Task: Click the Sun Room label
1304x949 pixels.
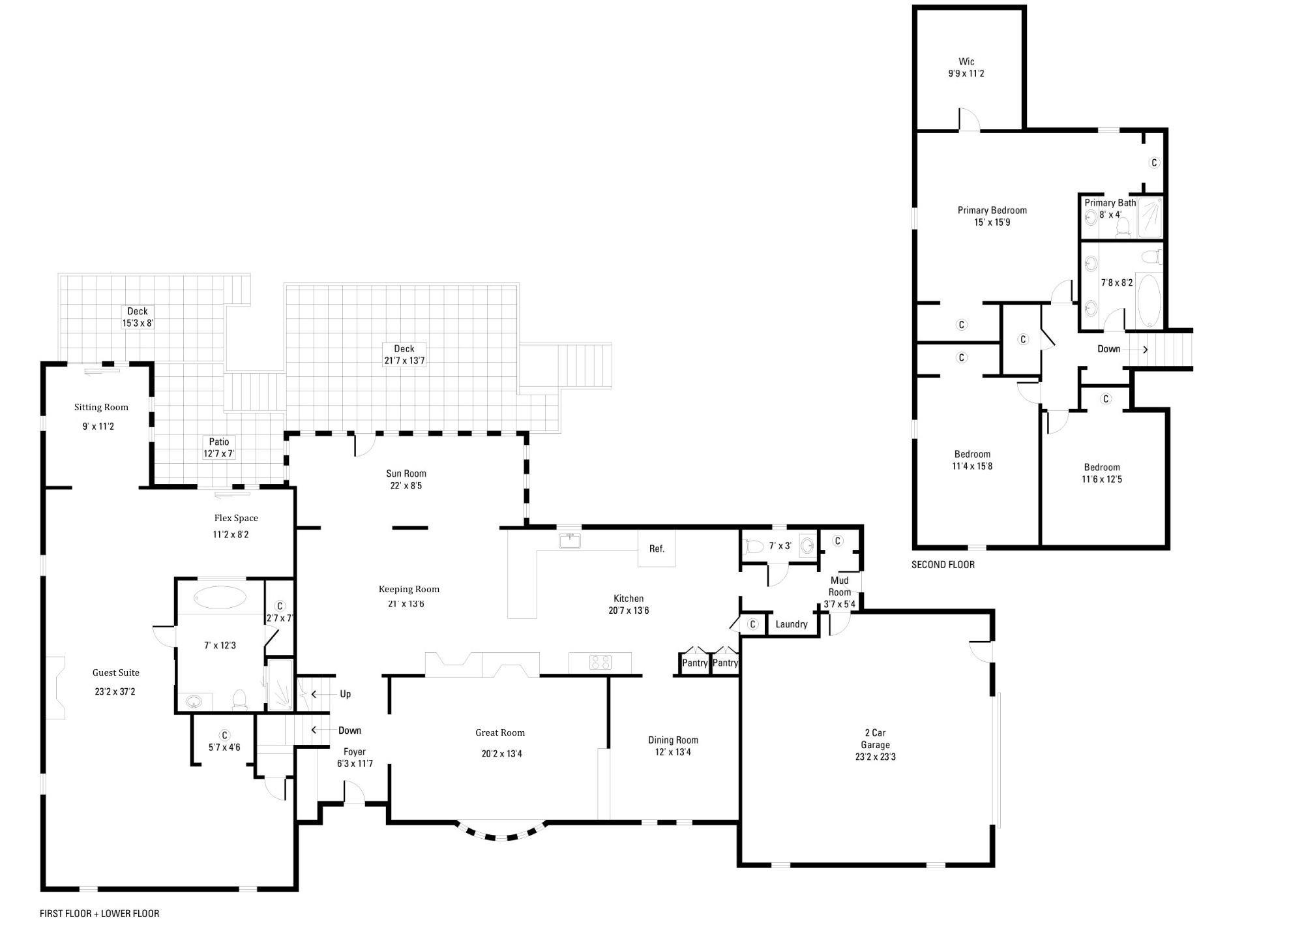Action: click(x=406, y=474)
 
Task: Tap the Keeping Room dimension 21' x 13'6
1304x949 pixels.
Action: click(x=406, y=603)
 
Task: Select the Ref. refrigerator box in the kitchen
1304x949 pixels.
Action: click(x=657, y=549)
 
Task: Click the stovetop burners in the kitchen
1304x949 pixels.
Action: click(x=600, y=663)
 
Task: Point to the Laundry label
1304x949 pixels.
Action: click(x=792, y=624)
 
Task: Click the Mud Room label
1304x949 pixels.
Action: click(x=839, y=586)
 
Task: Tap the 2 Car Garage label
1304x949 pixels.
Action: click(x=875, y=738)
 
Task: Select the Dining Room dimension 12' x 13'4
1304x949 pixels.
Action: click(x=673, y=752)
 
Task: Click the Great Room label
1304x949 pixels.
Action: click(x=500, y=732)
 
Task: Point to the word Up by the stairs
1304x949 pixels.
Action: click(x=346, y=694)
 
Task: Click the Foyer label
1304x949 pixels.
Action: click(x=355, y=751)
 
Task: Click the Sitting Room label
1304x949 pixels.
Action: click(x=101, y=407)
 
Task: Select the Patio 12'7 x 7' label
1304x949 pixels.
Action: click(x=219, y=447)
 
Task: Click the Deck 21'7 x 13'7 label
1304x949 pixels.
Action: click(x=404, y=354)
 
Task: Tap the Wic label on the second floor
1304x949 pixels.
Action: click(x=966, y=61)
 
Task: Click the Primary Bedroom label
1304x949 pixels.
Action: click(x=992, y=210)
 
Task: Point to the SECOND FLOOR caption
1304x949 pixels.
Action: click(x=943, y=564)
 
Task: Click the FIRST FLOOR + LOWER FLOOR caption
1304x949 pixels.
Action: click(x=99, y=913)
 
